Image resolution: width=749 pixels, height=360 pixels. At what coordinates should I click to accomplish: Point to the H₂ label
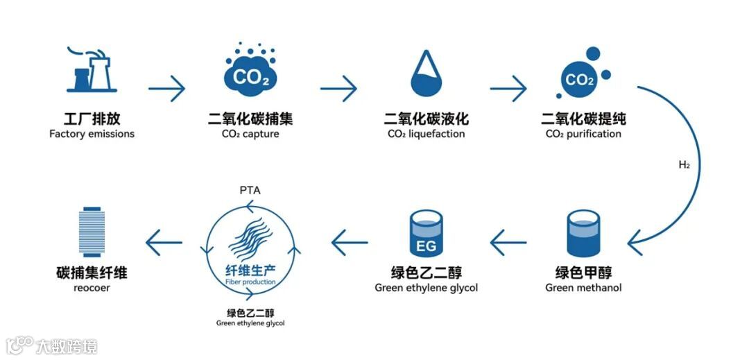click(684, 165)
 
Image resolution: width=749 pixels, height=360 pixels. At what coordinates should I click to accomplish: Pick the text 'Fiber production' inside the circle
click(250, 283)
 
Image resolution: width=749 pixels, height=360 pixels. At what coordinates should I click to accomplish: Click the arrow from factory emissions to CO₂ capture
click(167, 88)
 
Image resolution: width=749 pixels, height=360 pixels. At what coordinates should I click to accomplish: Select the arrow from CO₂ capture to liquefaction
click(338, 88)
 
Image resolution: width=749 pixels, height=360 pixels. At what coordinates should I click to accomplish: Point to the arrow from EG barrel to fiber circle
click(350, 243)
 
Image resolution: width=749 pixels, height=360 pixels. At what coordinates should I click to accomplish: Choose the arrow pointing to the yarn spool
click(164, 243)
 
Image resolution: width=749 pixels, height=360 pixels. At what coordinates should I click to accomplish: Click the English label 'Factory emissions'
click(92, 134)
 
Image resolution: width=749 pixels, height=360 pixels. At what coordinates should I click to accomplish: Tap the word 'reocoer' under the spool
click(91, 287)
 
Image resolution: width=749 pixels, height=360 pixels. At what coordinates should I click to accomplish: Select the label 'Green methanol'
click(583, 288)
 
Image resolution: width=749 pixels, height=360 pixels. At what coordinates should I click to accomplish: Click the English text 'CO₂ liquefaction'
click(427, 134)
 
